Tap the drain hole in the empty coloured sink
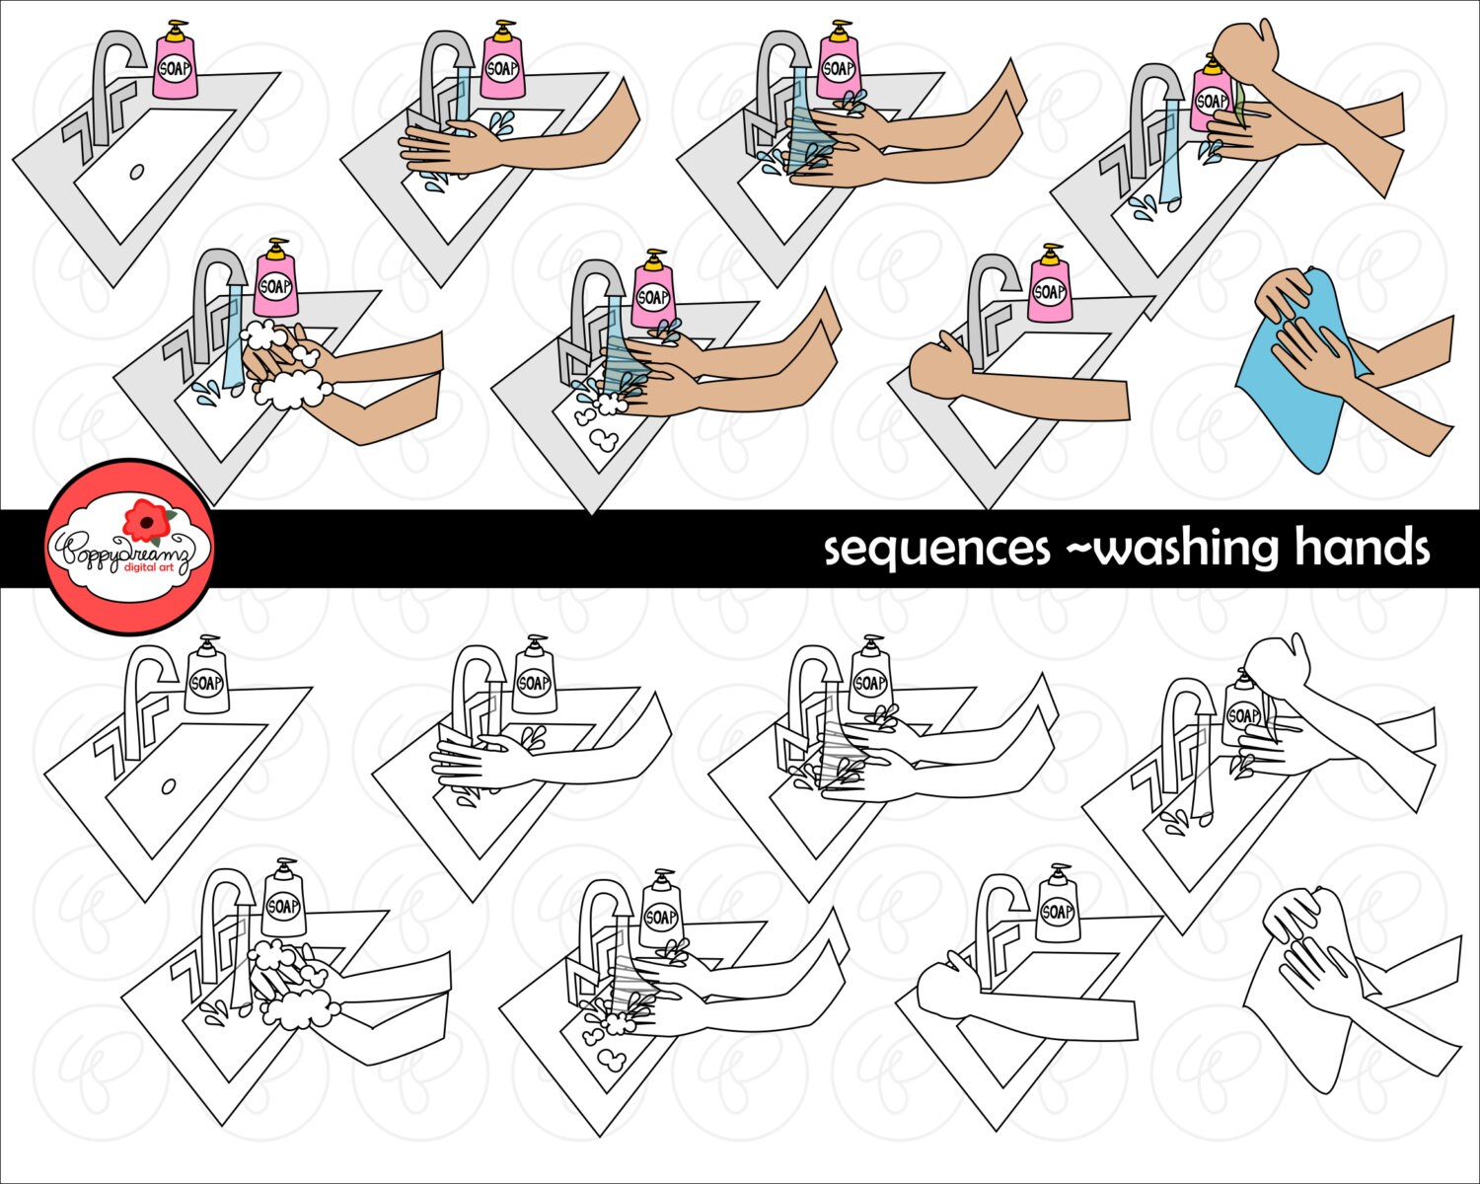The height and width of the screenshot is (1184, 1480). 137,172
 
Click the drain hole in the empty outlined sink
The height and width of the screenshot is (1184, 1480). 168,785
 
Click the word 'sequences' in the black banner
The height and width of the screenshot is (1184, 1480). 936,549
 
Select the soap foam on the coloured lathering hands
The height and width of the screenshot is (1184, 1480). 292,390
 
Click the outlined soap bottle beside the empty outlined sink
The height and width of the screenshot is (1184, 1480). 207,681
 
